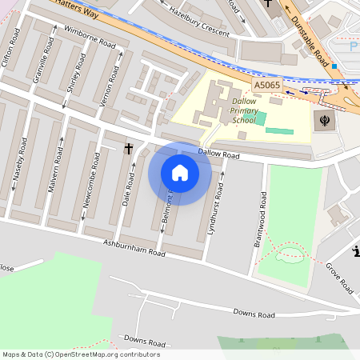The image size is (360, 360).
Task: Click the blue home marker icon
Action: tap(180, 173)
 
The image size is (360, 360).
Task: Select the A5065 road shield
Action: tap(266, 84)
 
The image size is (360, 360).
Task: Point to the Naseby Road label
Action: tap(18, 168)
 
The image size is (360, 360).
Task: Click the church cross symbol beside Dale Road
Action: tap(129, 149)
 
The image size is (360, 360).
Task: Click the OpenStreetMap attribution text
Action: tap(81, 354)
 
